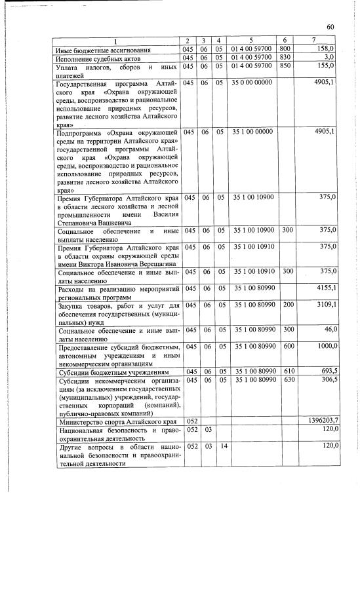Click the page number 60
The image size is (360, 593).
click(330, 26)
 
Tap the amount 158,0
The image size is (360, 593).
click(326, 49)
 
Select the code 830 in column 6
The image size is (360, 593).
click(285, 58)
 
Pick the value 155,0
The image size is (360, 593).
click(326, 66)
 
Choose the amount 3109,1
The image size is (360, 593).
click(325, 305)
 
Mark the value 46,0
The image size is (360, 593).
click(329, 330)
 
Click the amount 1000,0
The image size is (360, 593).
click(325, 346)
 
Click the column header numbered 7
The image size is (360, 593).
click(323, 41)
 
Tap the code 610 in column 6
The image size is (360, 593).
click(285, 371)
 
